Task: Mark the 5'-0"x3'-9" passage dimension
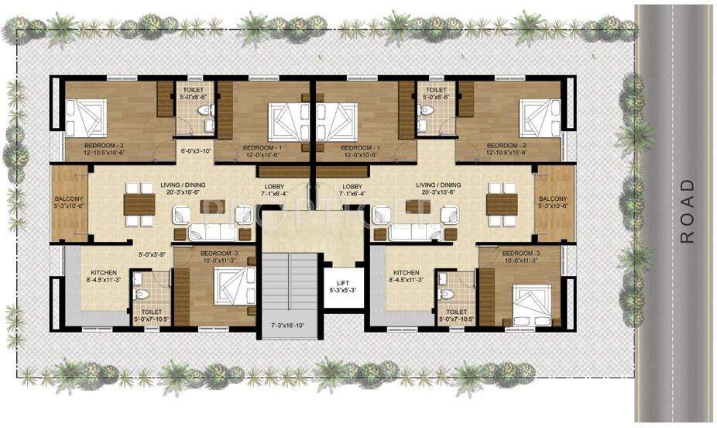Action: (x=153, y=254)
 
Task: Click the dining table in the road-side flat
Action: (x=501, y=202)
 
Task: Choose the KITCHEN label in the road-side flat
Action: (x=406, y=273)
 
